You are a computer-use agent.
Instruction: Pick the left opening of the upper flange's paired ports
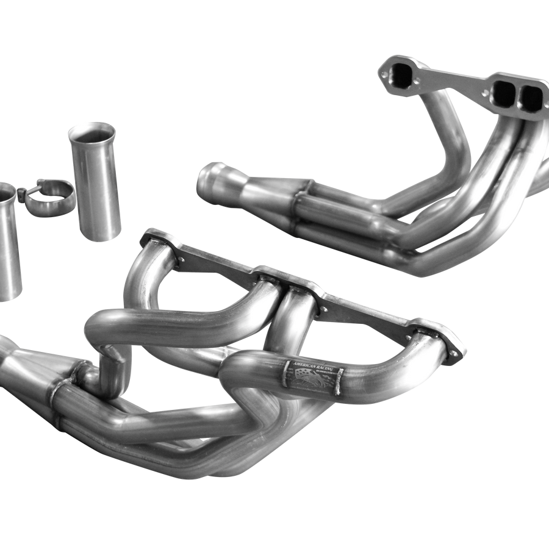503,92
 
